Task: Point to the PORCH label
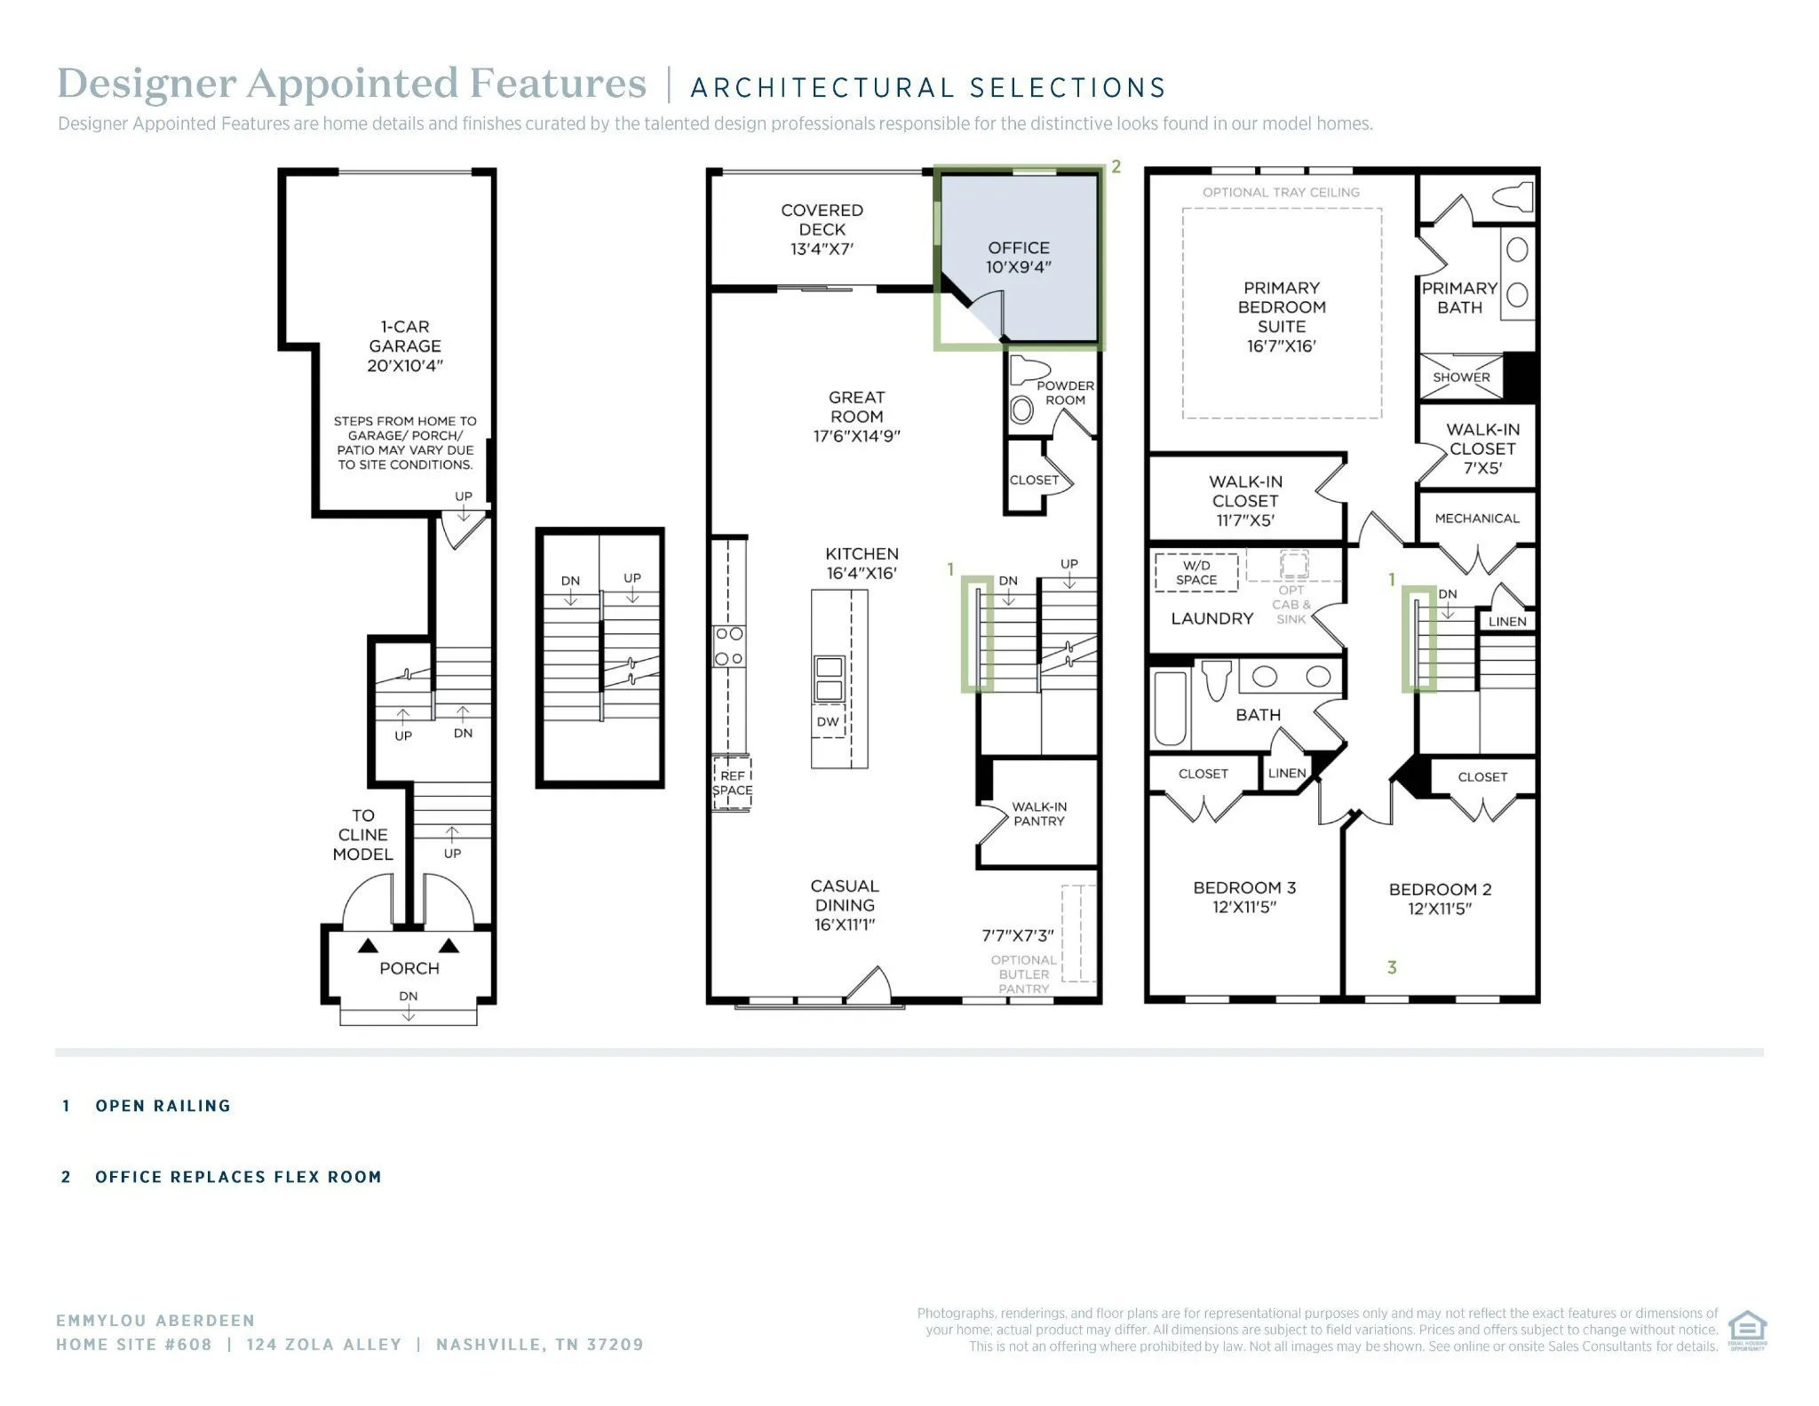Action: [x=409, y=968]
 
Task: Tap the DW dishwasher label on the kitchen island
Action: [x=828, y=722]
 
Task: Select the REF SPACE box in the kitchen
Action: [x=732, y=783]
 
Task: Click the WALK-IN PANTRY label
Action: [x=1039, y=814]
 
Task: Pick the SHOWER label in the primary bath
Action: [x=1461, y=377]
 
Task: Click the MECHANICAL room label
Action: [x=1477, y=518]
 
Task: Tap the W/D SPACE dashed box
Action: [x=1196, y=572]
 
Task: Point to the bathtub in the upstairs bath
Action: [x=1170, y=708]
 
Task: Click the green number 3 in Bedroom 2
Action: [x=1392, y=967]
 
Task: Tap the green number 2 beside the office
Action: [x=1116, y=166]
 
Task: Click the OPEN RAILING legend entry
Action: [x=163, y=1106]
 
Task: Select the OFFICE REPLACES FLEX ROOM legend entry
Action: [x=238, y=1177]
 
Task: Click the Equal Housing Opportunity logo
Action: [x=1747, y=1331]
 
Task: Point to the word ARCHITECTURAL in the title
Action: [x=822, y=88]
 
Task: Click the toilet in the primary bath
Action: [x=1513, y=195]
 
